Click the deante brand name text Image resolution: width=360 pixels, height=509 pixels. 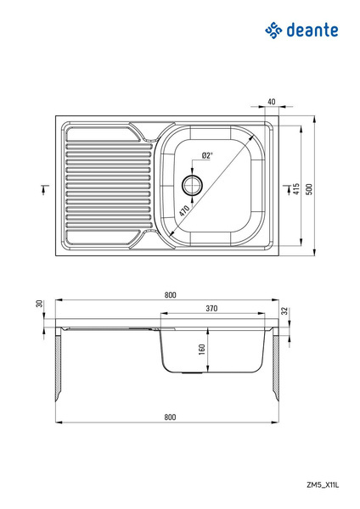tap(312, 31)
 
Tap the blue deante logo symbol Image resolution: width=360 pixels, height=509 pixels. tap(273, 31)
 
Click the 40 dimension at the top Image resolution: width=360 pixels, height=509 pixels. tap(272, 102)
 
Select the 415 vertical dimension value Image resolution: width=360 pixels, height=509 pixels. tap(296, 189)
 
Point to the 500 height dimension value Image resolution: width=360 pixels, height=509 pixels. tap(309, 189)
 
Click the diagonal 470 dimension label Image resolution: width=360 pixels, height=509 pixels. tap(183, 210)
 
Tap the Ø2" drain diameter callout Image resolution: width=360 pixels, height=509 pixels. tap(207, 155)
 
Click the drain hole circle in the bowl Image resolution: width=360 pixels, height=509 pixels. tap(193, 186)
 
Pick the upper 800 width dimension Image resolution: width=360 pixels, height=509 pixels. tap(171, 294)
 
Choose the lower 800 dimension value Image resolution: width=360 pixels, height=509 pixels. tap(171, 417)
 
